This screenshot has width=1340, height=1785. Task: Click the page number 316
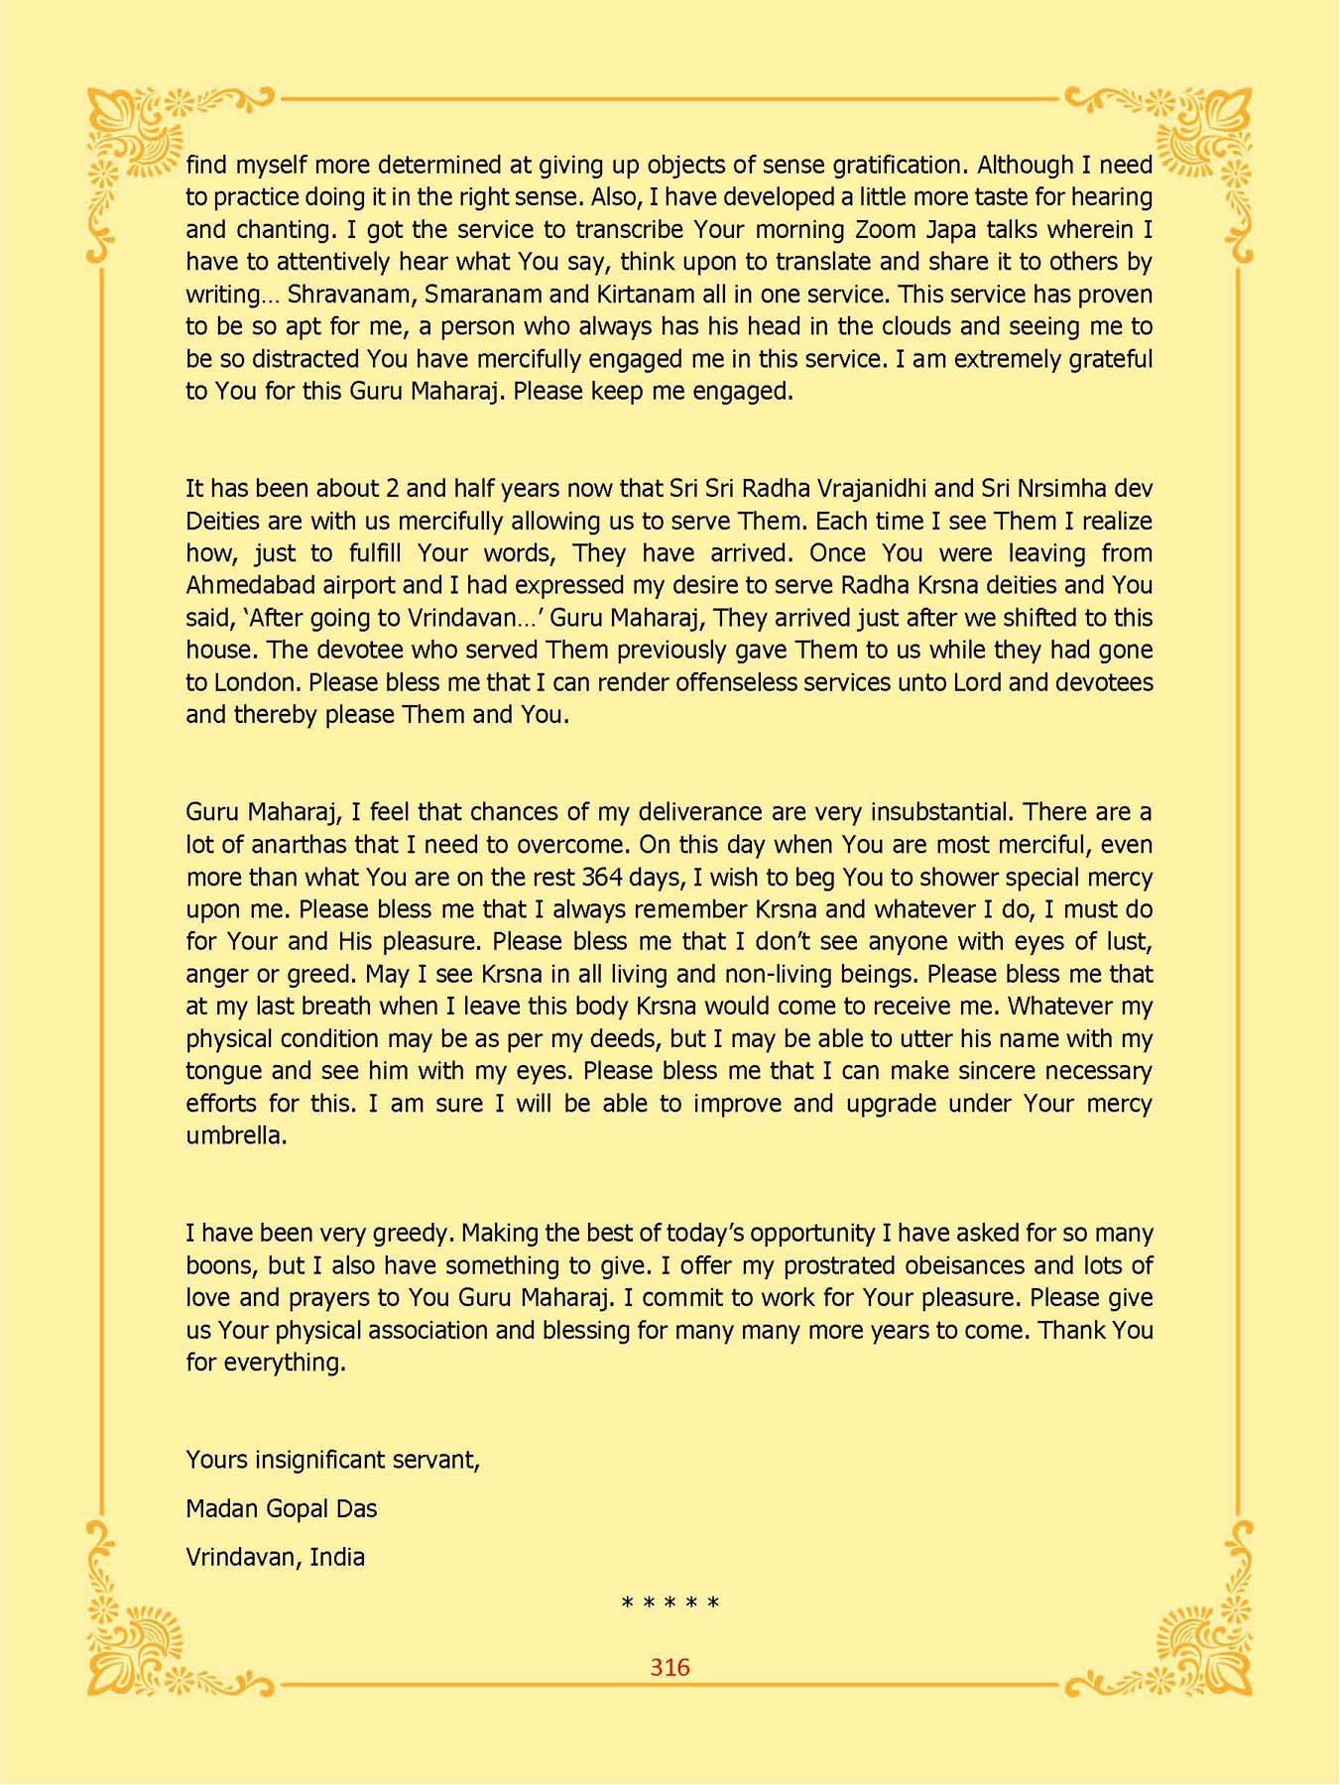670,1667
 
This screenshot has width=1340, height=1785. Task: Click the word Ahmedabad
251,585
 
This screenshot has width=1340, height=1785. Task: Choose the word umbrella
236,1135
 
